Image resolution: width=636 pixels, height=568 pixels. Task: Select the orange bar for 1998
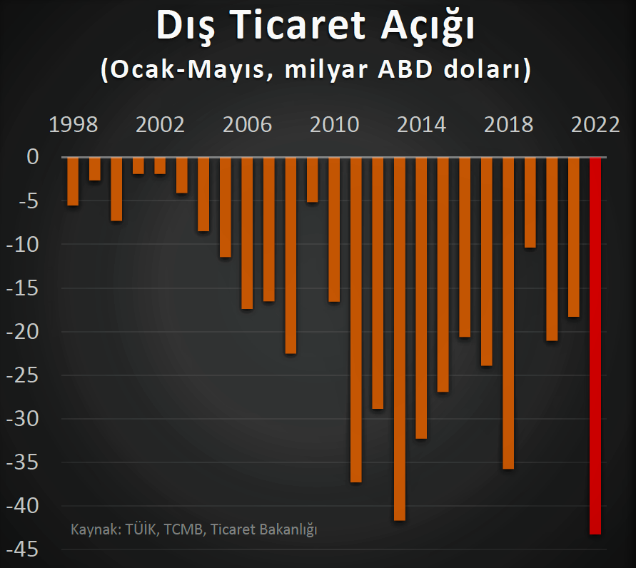tap(73, 181)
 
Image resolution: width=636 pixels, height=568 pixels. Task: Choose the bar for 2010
tap(334, 229)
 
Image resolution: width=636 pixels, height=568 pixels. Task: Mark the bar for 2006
tap(247, 233)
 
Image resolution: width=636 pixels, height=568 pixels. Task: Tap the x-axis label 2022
tap(595, 125)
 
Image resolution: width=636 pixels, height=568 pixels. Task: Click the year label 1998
tap(73, 125)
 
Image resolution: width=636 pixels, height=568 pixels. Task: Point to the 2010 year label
tap(334, 125)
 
